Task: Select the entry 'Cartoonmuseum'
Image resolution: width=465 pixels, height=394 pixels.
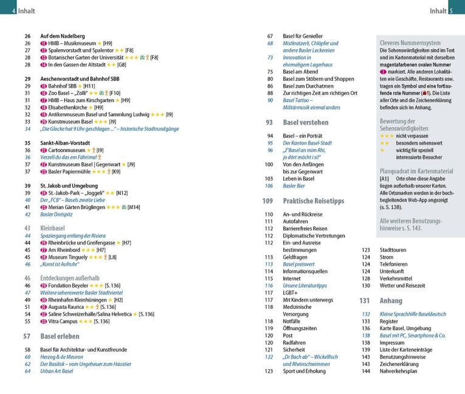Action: pyautogui.click(x=66, y=150)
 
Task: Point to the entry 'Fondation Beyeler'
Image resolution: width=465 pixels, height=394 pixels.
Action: pyautogui.click(x=69, y=285)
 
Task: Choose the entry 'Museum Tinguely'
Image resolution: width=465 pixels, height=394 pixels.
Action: pyautogui.click(x=69, y=257)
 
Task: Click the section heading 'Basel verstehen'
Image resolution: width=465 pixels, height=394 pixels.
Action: pyautogui.click(x=306, y=122)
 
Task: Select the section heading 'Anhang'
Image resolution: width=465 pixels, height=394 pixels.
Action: pyautogui.click(x=391, y=300)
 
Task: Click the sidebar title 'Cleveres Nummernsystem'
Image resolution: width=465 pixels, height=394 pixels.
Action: pyautogui.click(x=410, y=43)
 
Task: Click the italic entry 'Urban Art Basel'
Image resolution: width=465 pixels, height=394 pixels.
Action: pyautogui.click(x=57, y=371)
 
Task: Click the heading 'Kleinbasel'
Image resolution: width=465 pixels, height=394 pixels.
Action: pyautogui.click(x=52, y=228)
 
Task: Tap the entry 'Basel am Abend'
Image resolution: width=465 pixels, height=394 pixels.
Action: pyautogui.click(x=301, y=72)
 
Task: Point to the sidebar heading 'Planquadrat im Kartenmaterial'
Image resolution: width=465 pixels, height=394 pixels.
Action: pyautogui.click(x=416, y=171)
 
